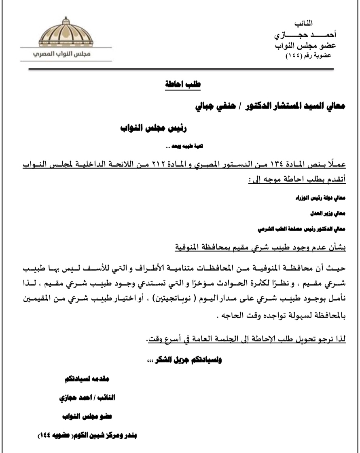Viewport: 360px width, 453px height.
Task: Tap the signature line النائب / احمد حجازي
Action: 87,398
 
